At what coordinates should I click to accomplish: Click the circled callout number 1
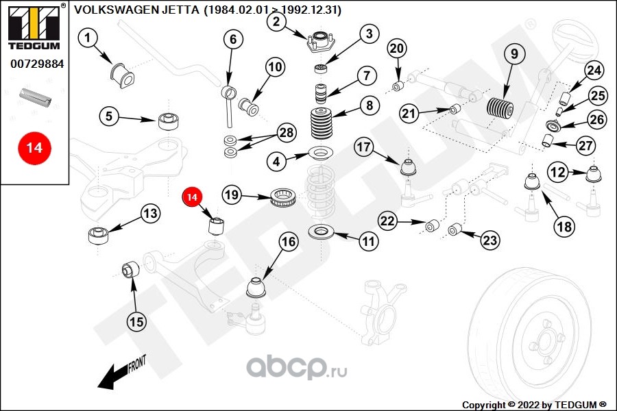click(87, 38)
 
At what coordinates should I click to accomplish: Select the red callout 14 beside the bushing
click(192, 197)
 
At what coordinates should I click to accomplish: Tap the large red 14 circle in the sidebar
click(34, 148)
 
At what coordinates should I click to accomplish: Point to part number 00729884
click(37, 64)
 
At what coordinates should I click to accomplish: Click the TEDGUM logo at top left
click(34, 26)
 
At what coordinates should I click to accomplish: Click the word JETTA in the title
click(180, 10)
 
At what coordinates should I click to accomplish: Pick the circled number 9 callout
click(514, 53)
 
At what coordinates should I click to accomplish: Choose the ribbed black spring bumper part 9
click(500, 108)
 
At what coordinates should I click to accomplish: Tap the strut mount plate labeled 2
click(321, 42)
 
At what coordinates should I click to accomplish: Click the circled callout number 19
click(232, 195)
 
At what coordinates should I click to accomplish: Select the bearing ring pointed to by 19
click(284, 197)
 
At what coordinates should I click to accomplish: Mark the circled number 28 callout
click(287, 132)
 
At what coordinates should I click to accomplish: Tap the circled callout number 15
click(136, 322)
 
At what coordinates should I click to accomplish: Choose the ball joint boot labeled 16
click(257, 288)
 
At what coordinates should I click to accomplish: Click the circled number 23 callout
click(490, 240)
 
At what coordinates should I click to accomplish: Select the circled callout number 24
click(594, 71)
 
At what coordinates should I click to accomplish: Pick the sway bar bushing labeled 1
click(122, 75)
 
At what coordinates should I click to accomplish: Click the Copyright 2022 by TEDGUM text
click(534, 405)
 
